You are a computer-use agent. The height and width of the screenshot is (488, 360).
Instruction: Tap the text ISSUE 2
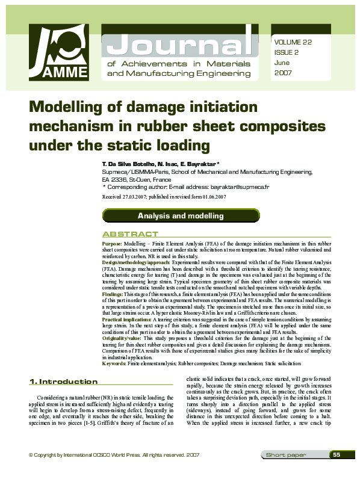[286, 52]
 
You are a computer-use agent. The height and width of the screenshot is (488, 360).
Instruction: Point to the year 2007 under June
[283, 72]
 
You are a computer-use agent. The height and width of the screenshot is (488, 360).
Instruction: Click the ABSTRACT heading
[131, 234]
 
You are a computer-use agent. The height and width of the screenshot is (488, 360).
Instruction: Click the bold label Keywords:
[114, 364]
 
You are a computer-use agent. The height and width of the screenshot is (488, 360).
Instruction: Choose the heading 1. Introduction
[63, 381]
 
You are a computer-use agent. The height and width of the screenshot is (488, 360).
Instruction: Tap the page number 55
[337, 471]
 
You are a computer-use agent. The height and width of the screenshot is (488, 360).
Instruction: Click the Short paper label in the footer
[287, 472]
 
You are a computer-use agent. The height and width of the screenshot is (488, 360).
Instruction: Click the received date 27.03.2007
[138, 197]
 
